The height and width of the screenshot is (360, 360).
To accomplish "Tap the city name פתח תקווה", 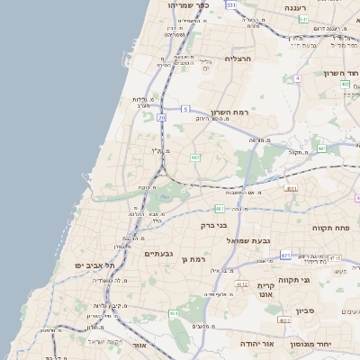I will click(333, 228).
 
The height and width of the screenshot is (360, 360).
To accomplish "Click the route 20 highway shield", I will click(162, 117).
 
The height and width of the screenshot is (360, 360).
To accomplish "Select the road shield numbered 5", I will click(185, 108).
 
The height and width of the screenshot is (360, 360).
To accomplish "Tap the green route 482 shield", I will click(194, 157).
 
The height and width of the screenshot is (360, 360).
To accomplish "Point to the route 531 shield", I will click(232, 4).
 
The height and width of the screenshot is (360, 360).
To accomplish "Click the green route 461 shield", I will click(174, 313).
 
